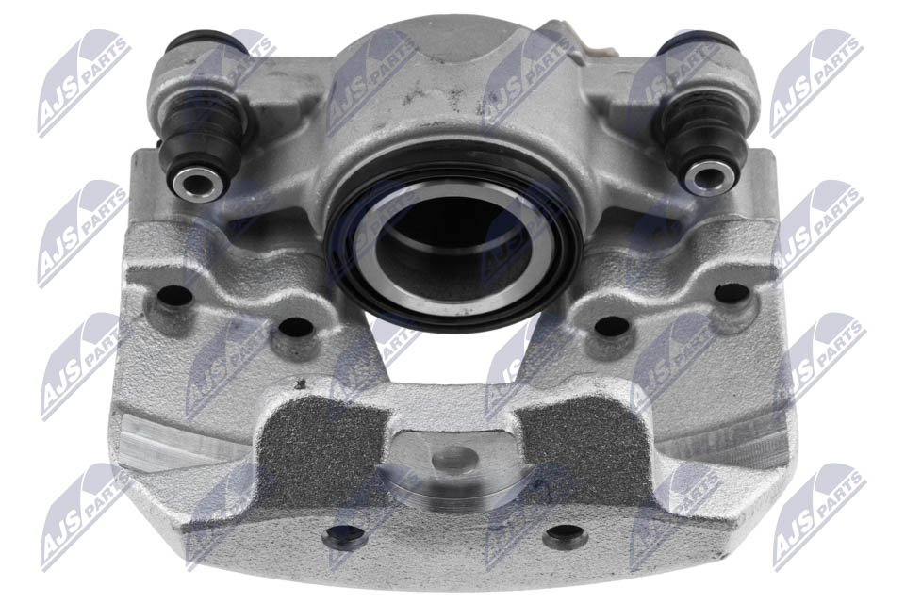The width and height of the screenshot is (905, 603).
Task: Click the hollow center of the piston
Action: [x=453, y=248]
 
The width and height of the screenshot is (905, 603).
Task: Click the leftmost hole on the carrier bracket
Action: [x=174, y=296]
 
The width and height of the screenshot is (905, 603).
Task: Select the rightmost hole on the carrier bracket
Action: [x=732, y=293]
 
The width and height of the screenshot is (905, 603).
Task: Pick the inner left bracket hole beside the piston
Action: [x=295, y=328]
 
